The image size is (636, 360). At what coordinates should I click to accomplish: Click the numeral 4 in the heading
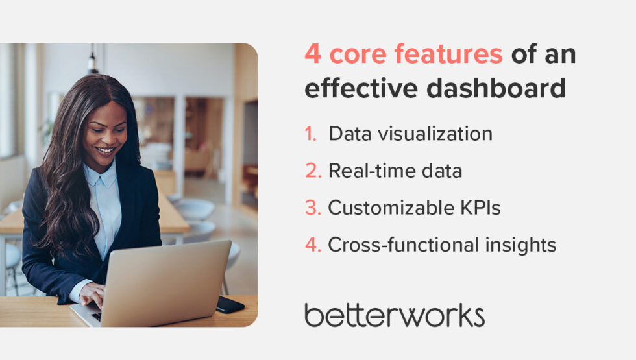point(312,55)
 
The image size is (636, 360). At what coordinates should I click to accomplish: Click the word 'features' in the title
point(448,55)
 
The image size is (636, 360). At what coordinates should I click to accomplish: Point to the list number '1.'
point(311,134)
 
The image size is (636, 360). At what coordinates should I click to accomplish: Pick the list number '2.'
point(313,171)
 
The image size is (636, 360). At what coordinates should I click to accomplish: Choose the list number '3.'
point(313,208)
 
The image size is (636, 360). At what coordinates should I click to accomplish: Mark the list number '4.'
point(313,245)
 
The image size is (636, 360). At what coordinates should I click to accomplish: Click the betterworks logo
point(395,315)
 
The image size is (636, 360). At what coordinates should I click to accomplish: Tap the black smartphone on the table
point(230,304)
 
